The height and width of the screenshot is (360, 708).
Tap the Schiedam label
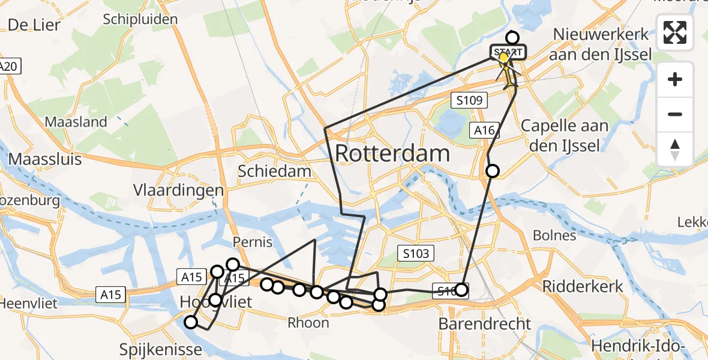point(274,171)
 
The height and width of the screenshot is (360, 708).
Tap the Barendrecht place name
point(485,324)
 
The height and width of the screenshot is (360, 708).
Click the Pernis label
point(253,243)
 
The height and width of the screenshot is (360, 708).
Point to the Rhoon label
point(308,323)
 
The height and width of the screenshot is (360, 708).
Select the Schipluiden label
point(140,19)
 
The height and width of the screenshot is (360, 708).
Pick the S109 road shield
point(468,100)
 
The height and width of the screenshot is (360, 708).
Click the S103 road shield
point(416,253)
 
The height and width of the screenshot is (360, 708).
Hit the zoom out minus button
point(675,114)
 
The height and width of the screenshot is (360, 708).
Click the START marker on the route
point(508,53)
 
